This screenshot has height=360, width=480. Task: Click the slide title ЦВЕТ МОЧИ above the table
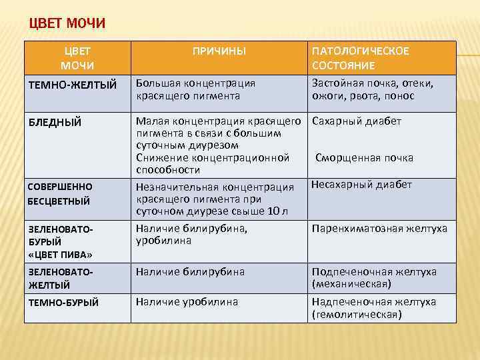coord(67,25)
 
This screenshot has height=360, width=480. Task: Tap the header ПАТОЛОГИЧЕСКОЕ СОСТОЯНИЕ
coord(360,58)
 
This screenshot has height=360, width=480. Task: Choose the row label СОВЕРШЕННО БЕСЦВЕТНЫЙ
coord(59,193)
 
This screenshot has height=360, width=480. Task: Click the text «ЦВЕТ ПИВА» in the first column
coord(59,255)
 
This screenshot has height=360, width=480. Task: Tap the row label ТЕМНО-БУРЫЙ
coord(64,303)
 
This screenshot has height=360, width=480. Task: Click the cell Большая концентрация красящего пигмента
coord(196,90)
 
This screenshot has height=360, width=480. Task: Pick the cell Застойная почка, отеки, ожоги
coord(372,90)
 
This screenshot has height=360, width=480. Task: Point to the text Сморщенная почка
coord(364,158)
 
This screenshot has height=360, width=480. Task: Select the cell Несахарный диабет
coord(362,185)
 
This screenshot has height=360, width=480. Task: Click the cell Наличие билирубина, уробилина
coord(192,235)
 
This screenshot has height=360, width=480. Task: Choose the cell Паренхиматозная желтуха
coord(379,229)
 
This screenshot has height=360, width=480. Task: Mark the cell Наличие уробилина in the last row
coord(187,302)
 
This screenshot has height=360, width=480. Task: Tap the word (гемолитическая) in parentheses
coord(357,314)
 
